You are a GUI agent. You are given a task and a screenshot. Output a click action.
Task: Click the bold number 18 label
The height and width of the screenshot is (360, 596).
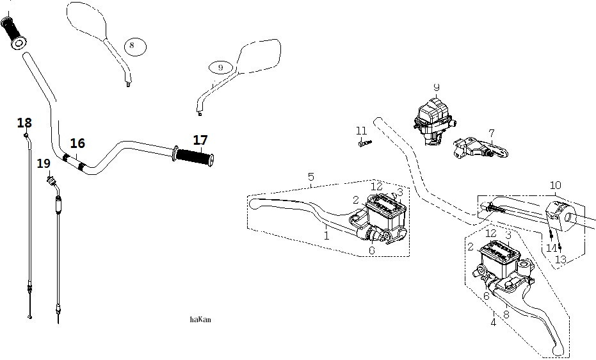click(24, 123)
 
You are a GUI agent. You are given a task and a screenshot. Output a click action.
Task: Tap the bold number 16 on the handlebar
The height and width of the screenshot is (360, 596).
click(77, 143)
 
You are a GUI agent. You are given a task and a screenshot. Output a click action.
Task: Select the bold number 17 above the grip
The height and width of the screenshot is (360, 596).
click(200, 140)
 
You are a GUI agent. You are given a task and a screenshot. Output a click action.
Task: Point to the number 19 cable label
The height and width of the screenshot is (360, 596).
click(44, 163)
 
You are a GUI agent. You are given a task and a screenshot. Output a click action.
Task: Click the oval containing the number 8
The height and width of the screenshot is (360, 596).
click(135, 47)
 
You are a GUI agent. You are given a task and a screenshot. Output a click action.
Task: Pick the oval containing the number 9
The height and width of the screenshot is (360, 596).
click(221, 68)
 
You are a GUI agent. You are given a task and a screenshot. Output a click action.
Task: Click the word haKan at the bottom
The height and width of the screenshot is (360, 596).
click(200, 320)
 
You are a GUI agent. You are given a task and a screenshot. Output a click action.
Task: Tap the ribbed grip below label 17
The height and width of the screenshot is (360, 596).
click(194, 156)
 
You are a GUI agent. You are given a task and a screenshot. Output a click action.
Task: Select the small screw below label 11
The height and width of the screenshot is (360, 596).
click(365, 143)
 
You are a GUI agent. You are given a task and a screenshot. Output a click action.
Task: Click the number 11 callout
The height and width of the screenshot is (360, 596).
click(362, 131)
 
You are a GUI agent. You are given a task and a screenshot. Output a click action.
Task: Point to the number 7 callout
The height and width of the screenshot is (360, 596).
click(492, 133)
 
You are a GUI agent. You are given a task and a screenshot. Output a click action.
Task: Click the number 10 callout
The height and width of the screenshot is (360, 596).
click(555, 186)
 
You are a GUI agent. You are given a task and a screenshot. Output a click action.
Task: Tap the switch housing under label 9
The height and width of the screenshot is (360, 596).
click(435, 121)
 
